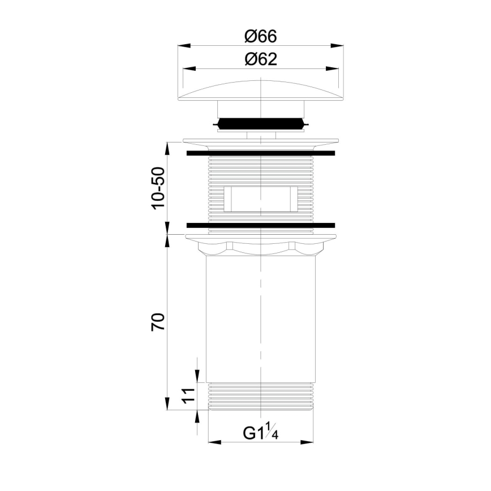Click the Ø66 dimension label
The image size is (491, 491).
[260, 36]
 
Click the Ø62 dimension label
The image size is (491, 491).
[260, 59]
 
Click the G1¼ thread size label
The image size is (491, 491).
[262, 433]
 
